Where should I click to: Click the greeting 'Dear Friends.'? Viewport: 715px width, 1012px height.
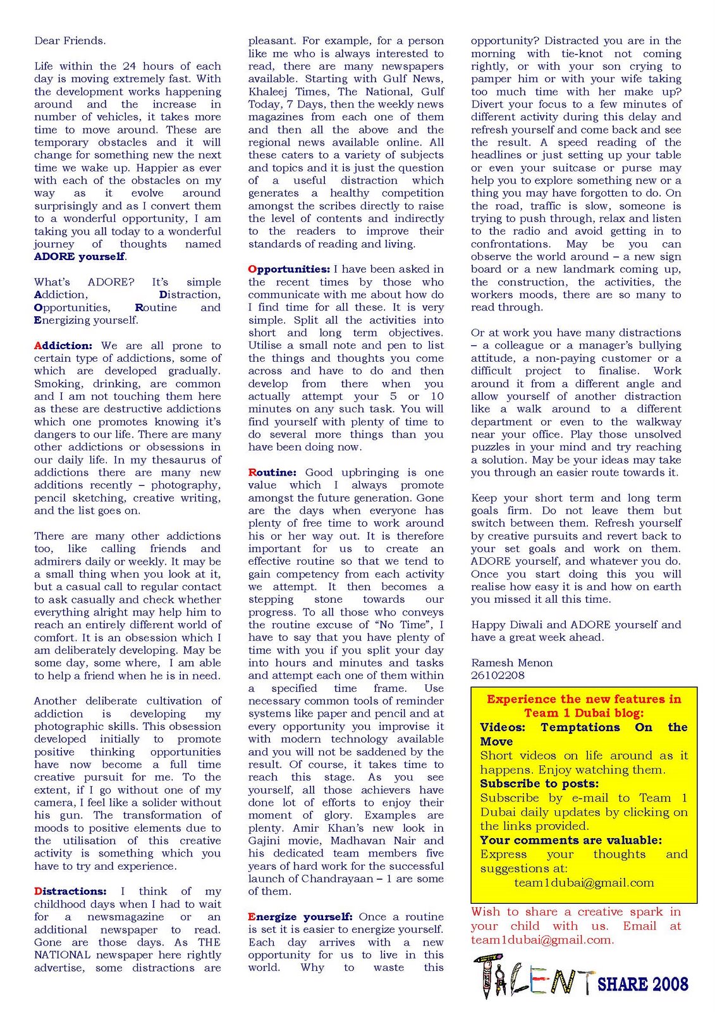pos(70,41)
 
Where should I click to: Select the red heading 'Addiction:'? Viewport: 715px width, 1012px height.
pos(63,346)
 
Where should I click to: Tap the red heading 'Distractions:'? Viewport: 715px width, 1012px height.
pos(70,891)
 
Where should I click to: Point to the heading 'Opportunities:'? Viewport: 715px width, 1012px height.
pos(289,269)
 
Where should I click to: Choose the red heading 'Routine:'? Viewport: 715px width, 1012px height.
pos(272,472)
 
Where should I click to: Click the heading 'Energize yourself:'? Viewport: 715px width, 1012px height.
pos(300,916)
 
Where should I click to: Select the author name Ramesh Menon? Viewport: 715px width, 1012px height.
pos(511,663)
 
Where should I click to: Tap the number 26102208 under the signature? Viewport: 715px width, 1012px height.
pos(498,675)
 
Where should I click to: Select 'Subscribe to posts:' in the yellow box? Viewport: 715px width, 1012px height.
pos(539,784)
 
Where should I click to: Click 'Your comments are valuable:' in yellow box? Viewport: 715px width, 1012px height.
pos(571,841)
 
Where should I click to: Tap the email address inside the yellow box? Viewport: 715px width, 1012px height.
pos(584,883)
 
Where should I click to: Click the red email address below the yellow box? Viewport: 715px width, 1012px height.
pos(541,940)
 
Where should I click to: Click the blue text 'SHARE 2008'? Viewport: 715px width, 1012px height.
pos(642,984)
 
